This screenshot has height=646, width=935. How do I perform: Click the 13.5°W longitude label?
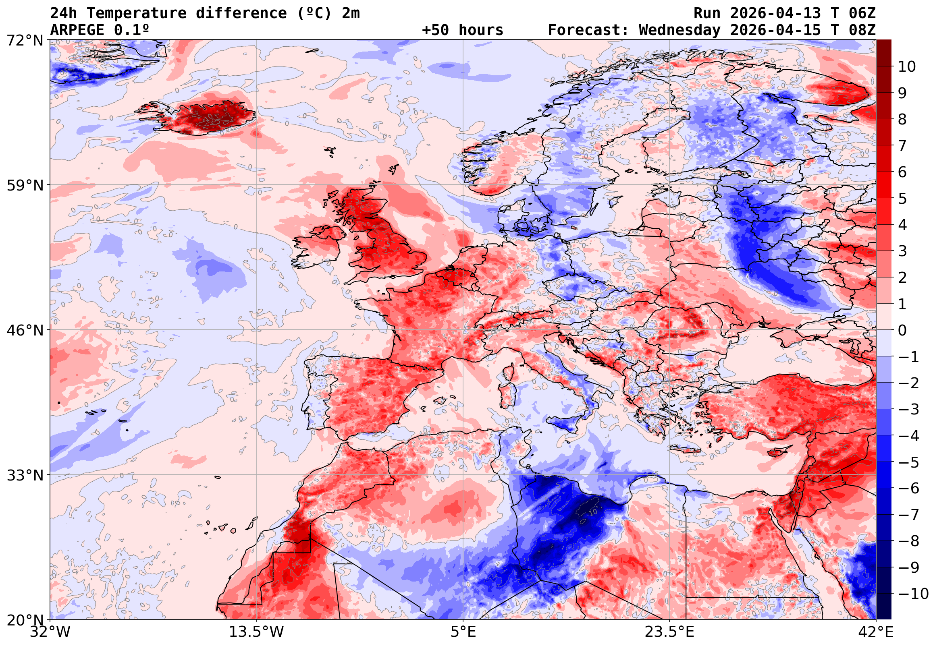[257, 632]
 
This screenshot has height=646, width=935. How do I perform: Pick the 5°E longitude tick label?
[463, 632]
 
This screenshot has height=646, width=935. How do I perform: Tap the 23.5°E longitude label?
[669, 632]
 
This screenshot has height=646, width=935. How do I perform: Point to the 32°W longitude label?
[50, 632]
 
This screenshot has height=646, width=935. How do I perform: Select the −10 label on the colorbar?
[913, 594]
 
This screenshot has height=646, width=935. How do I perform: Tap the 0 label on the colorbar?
[902, 330]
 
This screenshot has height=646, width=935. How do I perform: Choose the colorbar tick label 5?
[902, 199]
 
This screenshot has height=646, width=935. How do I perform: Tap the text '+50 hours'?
[462, 30]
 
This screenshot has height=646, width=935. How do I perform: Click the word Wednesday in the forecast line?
[679, 30]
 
